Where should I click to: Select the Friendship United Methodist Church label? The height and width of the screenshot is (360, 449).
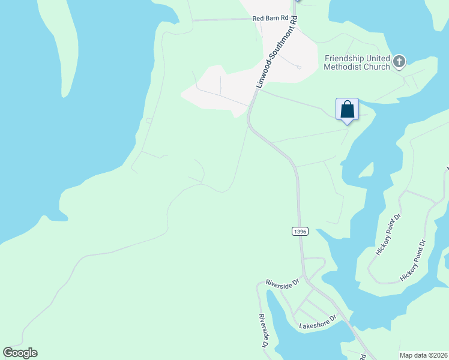tap(357, 62)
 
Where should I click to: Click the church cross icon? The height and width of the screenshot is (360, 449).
tap(399, 61)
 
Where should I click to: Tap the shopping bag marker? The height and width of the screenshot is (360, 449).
tap(347, 109)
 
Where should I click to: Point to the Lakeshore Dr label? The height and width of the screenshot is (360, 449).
tap(317, 326)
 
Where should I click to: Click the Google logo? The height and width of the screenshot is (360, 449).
tap(20, 353)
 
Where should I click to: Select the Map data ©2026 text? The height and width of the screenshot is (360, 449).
tap(423, 355)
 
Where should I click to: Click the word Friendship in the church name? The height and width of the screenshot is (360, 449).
tap(345, 58)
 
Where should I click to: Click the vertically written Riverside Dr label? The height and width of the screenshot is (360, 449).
tap(262, 331)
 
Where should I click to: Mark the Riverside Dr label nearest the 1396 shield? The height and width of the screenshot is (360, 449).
tap(282, 283)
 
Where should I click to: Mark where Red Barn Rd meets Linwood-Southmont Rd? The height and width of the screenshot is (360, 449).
tap(297, 19)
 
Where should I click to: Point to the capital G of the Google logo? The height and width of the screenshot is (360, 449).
tap(8, 353)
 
